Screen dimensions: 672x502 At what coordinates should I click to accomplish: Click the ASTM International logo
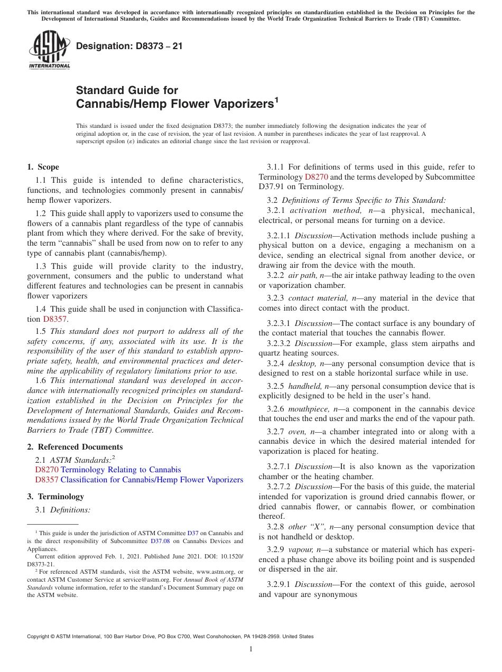pyautogui.click(x=49, y=50)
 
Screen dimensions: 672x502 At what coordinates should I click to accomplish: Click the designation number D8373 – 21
pyautogui.click(x=129, y=46)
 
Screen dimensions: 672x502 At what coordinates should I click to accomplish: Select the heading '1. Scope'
pyautogui.click(x=43, y=167)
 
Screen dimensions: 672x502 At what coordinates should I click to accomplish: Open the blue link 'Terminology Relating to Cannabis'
pyautogui.click(x=120, y=470)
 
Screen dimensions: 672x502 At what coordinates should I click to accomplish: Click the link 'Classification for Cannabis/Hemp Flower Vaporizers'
pyautogui.click(x=152, y=480)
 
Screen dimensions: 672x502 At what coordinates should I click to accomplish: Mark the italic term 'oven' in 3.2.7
pyautogui.click(x=296, y=432)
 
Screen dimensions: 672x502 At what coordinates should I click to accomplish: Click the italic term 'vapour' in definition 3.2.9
pyautogui.click(x=300, y=549)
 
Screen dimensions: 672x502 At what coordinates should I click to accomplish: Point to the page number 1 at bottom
pyautogui.click(x=251, y=649)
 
